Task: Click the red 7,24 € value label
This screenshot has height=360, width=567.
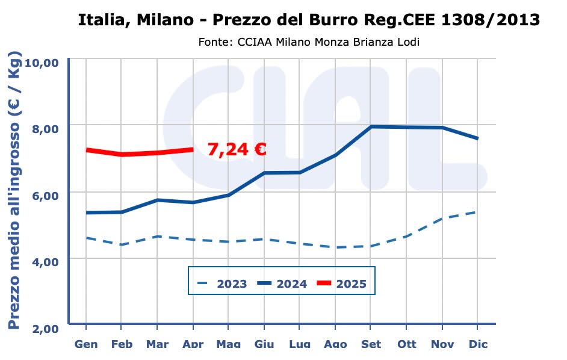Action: click(237, 150)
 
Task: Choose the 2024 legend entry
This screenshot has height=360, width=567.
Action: click(282, 284)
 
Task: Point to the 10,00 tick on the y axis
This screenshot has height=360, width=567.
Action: click(41, 63)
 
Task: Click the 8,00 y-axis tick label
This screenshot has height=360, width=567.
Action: click(43, 129)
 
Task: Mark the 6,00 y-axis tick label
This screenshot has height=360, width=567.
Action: click(43, 196)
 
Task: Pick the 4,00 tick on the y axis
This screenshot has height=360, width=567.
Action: click(43, 262)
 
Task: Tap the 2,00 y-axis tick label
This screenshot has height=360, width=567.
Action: click(43, 329)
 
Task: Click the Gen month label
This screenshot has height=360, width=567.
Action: click(86, 344)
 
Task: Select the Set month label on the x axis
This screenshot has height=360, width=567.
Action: click(371, 344)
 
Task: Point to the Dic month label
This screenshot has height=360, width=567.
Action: click(478, 344)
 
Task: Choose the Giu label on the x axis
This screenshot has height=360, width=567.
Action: click(264, 344)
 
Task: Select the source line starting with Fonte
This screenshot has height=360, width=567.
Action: click(308, 42)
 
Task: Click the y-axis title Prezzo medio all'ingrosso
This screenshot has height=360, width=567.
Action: click(14, 190)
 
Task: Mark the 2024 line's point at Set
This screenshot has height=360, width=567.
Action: click(371, 126)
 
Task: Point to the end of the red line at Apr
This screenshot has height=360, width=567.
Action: click(193, 149)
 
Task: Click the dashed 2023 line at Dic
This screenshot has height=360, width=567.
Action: click(477, 212)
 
